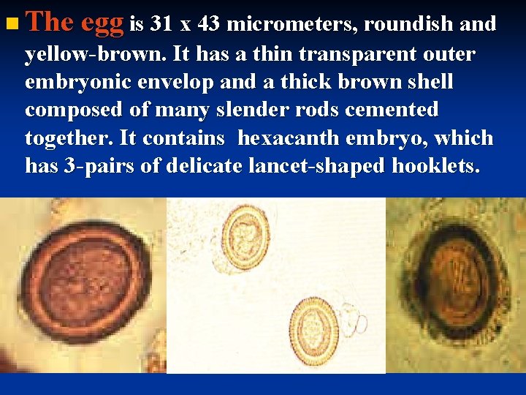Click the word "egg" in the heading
[102, 24]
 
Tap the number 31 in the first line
[163, 25]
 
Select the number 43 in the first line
[209, 25]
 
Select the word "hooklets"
[435, 167]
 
